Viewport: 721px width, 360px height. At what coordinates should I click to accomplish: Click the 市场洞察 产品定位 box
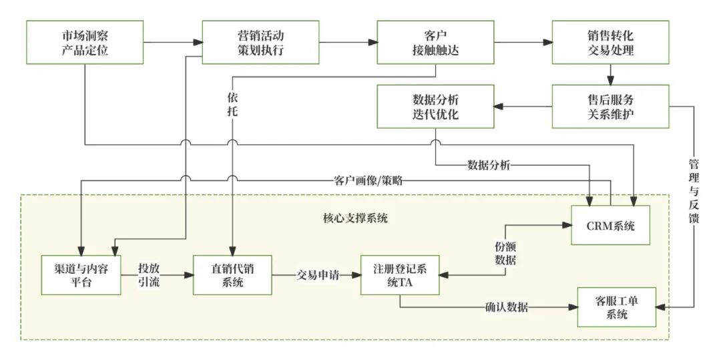point(85,43)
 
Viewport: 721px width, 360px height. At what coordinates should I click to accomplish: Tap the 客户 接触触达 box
point(435,43)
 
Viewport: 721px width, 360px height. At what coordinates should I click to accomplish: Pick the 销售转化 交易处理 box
point(611,43)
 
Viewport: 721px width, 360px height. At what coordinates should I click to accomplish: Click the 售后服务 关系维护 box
point(611,106)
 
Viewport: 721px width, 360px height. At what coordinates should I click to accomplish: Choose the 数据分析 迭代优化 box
point(435,106)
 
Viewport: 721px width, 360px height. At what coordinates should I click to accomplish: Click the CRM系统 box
point(610,225)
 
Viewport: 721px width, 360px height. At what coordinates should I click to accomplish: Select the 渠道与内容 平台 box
point(81,275)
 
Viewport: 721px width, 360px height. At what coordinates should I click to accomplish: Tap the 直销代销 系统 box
point(232,275)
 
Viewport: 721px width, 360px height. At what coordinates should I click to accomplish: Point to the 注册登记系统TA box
point(401,275)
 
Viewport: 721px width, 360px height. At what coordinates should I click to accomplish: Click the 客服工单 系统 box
point(617,307)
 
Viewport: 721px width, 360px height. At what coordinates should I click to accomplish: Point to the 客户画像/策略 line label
point(368,180)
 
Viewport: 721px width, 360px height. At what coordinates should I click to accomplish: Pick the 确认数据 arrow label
point(506,308)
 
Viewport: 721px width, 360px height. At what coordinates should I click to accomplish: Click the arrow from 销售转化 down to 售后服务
point(610,73)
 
